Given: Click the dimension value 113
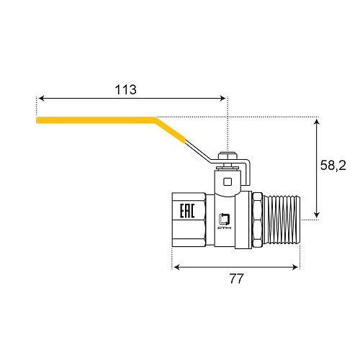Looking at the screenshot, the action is tap(125, 90).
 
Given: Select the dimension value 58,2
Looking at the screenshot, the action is tap(333, 166).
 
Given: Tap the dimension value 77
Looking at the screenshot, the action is tap(236, 279).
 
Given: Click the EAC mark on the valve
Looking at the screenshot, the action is tap(187, 211).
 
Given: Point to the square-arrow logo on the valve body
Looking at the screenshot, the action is tap(225, 218).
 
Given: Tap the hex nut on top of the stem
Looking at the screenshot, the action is tap(228, 156).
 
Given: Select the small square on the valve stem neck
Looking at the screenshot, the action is tap(228, 181).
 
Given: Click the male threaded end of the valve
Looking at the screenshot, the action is tap(282, 220).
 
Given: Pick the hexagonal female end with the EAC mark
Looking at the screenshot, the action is tap(189, 220).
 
